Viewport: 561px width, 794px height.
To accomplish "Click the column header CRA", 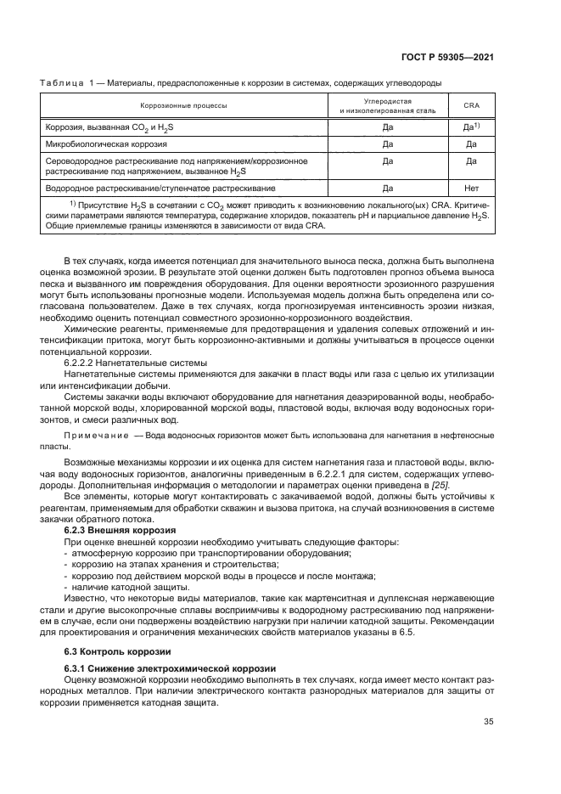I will click(471, 106).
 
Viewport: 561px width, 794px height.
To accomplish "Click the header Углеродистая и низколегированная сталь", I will click(387, 105).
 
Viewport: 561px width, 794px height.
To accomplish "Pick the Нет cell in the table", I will click(471, 187).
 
